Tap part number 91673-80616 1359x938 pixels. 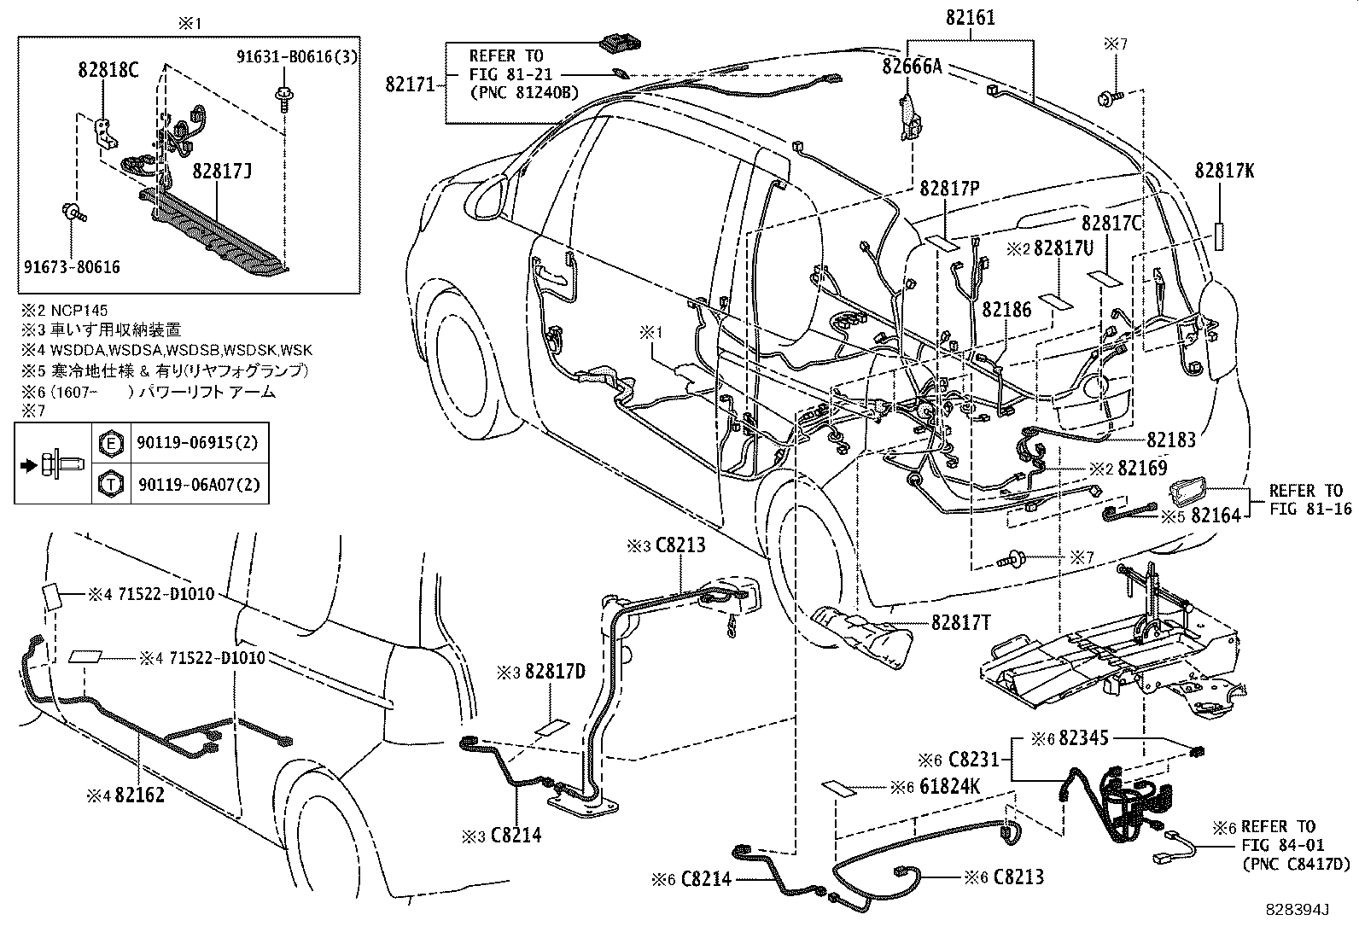point(71,267)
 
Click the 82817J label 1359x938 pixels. point(222,172)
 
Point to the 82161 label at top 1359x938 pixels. point(970,18)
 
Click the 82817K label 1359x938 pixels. point(1224,171)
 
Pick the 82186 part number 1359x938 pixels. point(1006,309)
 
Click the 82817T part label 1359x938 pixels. point(961,623)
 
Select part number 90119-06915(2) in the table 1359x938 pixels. point(197,443)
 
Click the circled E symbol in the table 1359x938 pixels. point(110,443)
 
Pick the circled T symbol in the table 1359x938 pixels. point(110,484)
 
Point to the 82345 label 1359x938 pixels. point(1085,739)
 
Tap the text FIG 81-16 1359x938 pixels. point(1310,509)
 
